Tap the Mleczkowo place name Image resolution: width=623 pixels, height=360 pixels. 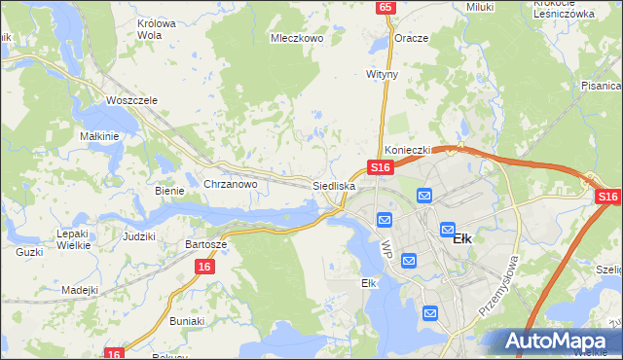click(x=296, y=40)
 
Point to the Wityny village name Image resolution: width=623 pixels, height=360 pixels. click(x=383, y=74)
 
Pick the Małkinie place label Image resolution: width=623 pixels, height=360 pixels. click(x=99, y=136)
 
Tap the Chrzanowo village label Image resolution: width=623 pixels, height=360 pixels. click(x=230, y=184)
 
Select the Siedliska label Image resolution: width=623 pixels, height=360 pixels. click(x=334, y=185)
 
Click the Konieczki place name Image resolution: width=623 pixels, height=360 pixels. click(x=407, y=151)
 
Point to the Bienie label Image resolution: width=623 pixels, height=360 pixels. click(x=169, y=191)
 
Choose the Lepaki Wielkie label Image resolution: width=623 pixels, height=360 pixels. click(x=74, y=239)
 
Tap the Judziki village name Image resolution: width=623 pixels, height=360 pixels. click(x=139, y=236)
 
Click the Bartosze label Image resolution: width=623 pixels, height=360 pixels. click(x=206, y=244)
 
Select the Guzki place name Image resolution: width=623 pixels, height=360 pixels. click(x=29, y=252)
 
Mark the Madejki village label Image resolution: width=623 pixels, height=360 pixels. click(x=80, y=290)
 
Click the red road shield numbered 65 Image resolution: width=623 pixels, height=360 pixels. click(x=386, y=7)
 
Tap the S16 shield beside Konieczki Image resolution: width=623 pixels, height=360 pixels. click(x=380, y=167)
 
